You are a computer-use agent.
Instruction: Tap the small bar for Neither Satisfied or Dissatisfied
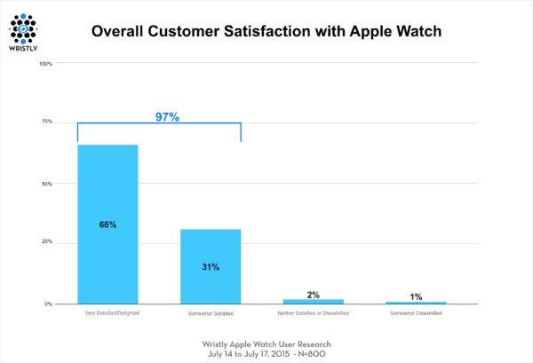click(314, 302)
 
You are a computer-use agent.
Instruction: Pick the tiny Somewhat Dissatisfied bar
click(416, 303)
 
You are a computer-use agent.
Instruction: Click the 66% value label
click(107, 225)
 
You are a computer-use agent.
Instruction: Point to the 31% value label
click(211, 265)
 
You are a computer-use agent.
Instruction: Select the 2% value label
click(314, 293)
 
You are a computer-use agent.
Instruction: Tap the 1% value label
click(416, 295)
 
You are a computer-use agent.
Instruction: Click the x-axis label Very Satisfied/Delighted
click(107, 313)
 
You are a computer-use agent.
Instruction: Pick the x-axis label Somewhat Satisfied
click(211, 313)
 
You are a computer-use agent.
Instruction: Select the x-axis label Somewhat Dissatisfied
click(416, 313)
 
